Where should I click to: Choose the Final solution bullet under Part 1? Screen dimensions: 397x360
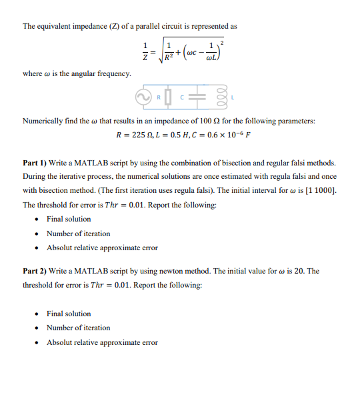coord(69,219)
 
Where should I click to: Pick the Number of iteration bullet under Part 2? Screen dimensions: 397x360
coord(78,328)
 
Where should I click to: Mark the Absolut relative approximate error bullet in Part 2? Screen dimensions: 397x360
coord(102,342)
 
